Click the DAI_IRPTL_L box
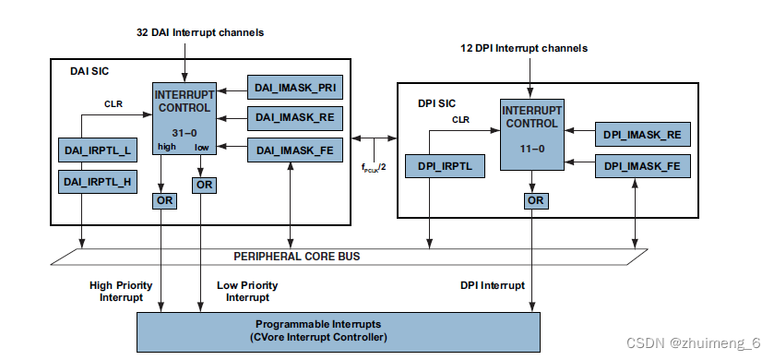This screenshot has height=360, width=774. pyautogui.click(x=97, y=150)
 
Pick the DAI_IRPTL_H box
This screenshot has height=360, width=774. pyautogui.click(x=97, y=182)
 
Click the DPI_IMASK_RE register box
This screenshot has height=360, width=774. pyautogui.click(x=642, y=135)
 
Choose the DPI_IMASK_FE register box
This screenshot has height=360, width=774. pyautogui.click(x=642, y=166)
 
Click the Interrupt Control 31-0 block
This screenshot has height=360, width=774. pyautogui.click(x=185, y=118)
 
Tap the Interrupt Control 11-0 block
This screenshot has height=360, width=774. pyautogui.click(x=532, y=133)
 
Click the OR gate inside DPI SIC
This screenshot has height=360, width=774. pyautogui.click(x=534, y=200)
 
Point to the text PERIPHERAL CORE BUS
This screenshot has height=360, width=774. pyautogui.click(x=296, y=256)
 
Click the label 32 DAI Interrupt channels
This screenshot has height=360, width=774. pyautogui.click(x=199, y=32)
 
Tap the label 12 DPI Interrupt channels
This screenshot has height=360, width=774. pyautogui.click(x=524, y=48)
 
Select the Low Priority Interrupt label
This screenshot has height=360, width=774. pyautogui.click(x=246, y=292)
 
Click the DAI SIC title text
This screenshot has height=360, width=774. pyautogui.click(x=90, y=70)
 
